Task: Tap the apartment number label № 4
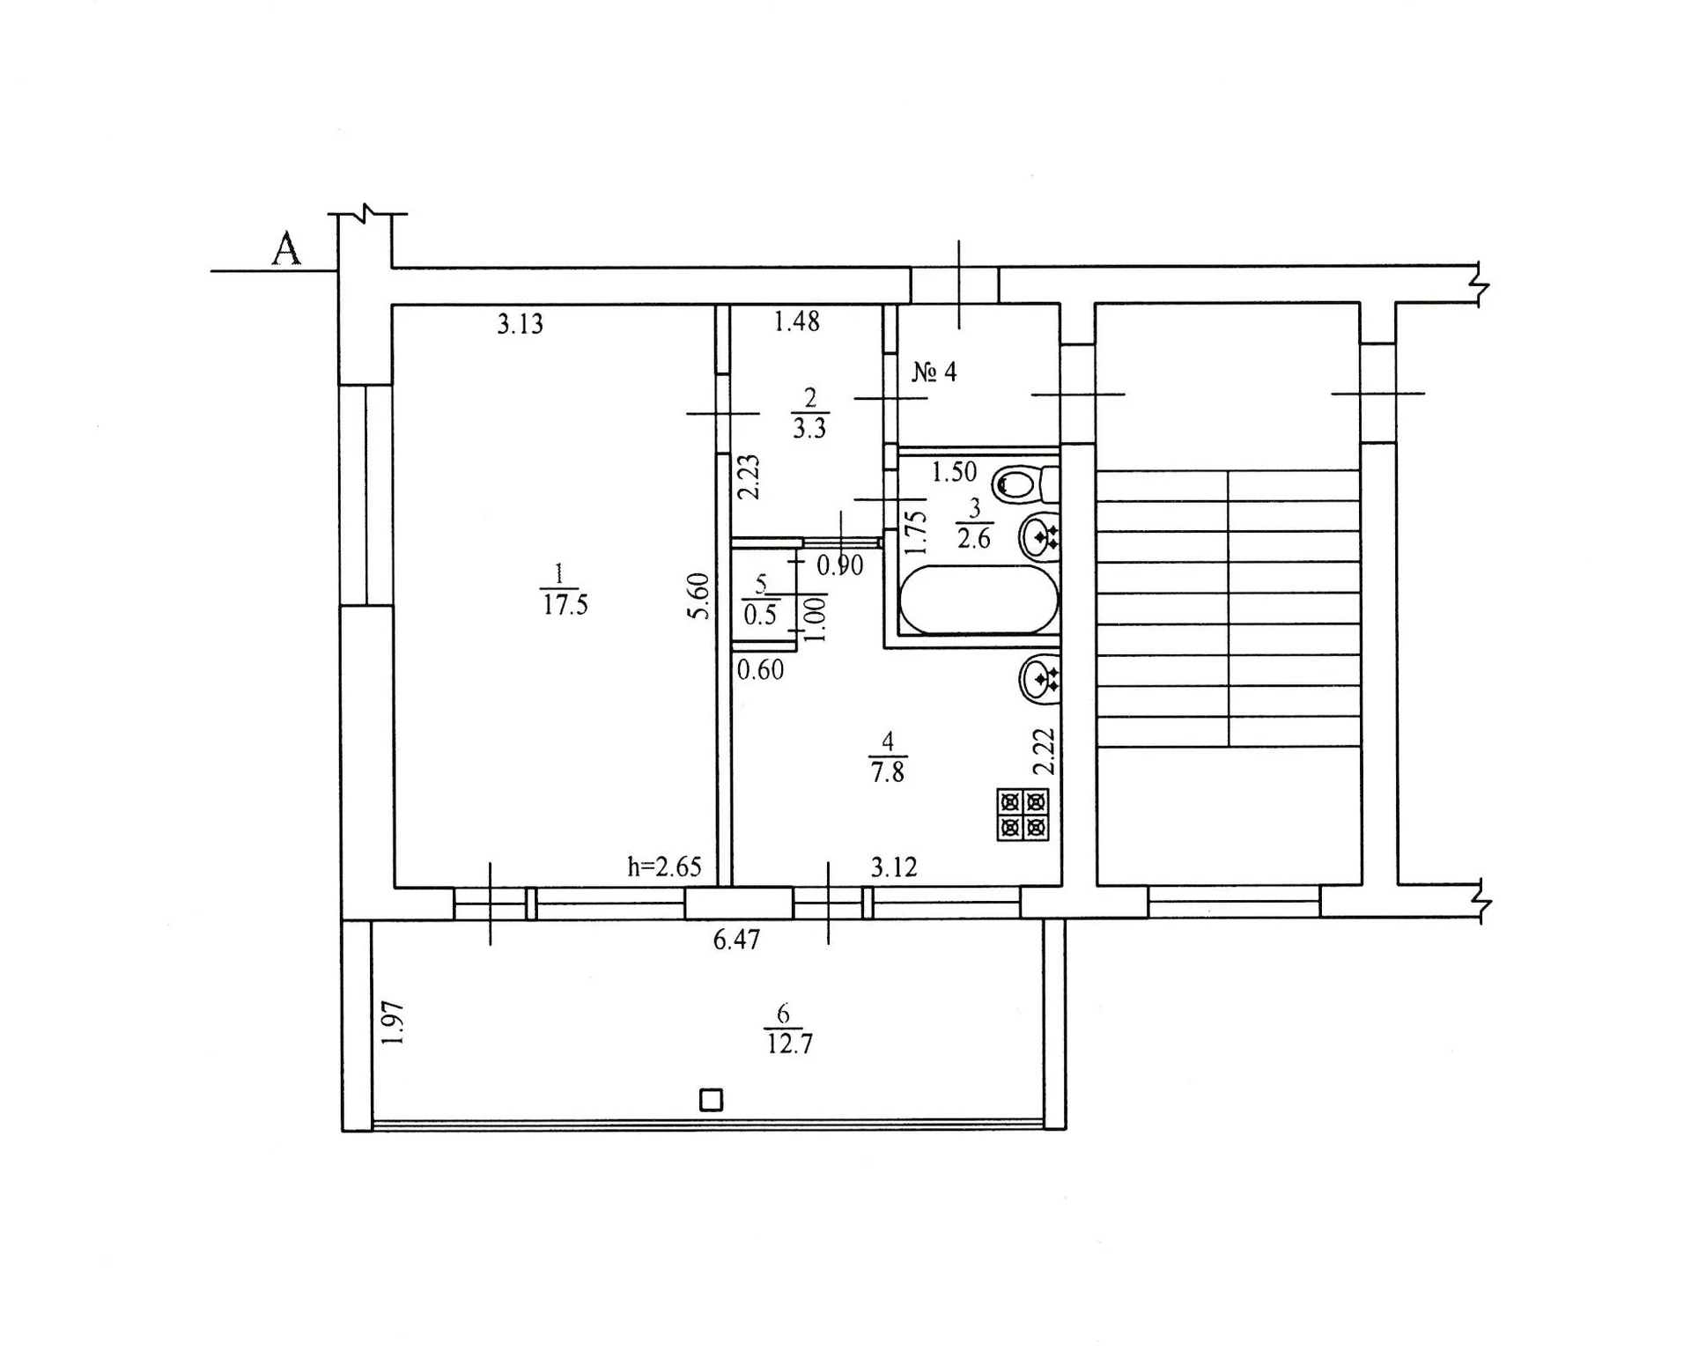pos(934,372)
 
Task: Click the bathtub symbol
pos(978,600)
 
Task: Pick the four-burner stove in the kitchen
pos(1023,815)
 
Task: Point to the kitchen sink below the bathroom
pos(1039,679)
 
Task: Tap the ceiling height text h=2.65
pos(664,867)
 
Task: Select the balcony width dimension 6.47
pos(736,940)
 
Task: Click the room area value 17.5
pos(565,605)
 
